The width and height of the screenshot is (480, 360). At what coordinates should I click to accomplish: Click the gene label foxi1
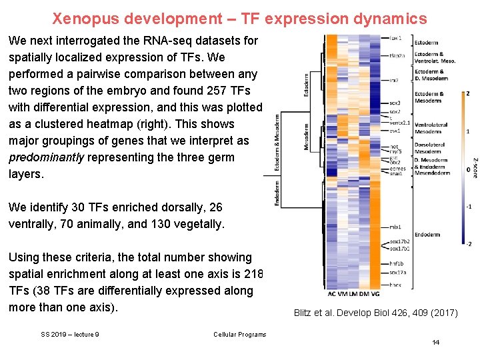click(x=395, y=38)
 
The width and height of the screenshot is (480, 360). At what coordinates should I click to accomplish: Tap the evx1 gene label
click(x=395, y=131)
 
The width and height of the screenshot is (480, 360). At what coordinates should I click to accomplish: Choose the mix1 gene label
click(x=395, y=227)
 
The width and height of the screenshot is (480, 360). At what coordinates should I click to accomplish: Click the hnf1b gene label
click(x=396, y=264)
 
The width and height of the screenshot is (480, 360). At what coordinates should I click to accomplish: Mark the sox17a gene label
click(x=397, y=273)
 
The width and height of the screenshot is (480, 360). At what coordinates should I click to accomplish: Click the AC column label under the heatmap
click(x=332, y=294)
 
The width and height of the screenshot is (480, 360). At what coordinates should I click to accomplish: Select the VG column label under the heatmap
click(x=375, y=294)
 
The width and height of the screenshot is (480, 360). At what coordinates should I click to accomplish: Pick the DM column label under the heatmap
click(x=364, y=294)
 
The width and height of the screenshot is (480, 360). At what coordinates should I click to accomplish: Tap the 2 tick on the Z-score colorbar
click(x=467, y=93)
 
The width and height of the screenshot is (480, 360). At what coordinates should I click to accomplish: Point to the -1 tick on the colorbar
click(x=468, y=207)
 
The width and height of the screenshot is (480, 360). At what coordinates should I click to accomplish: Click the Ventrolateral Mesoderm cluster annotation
click(x=431, y=128)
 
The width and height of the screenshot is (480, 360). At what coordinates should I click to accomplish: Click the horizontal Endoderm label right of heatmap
click(x=427, y=235)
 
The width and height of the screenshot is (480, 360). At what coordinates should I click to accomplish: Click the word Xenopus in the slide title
click(x=80, y=17)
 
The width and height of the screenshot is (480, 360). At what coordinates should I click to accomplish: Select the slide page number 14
click(x=435, y=342)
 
